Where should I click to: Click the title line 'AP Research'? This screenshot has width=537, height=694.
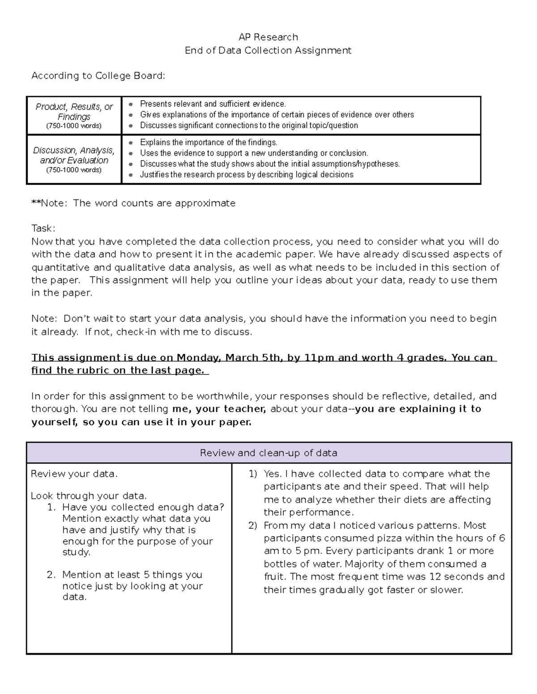(268, 37)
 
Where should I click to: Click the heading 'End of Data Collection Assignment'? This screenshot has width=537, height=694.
(268, 50)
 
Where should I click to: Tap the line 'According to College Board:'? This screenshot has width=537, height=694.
(98, 76)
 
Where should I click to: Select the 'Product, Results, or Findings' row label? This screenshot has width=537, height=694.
(74, 115)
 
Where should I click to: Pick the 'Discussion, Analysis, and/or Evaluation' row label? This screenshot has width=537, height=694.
(74, 159)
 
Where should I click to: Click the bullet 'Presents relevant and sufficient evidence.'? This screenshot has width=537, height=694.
(213, 104)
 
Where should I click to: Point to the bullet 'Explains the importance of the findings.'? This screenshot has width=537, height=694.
(209, 143)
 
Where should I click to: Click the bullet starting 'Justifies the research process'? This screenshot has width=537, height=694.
(246, 175)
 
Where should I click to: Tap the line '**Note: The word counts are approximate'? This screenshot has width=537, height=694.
(133, 203)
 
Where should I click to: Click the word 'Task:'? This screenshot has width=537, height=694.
(43, 228)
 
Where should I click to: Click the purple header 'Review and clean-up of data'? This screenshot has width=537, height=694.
(268, 453)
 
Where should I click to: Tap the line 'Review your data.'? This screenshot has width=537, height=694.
(74, 474)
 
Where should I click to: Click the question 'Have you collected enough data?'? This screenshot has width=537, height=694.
(143, 507)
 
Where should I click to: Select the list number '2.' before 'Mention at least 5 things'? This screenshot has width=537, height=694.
(51, 575)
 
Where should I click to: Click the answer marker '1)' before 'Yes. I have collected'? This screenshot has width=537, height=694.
(253, 474)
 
